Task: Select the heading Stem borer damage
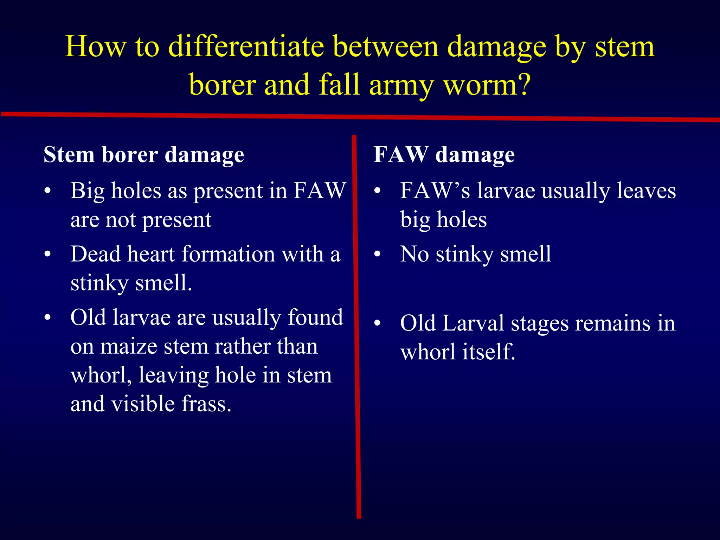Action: [x=144, y=155]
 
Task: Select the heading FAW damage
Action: [x=444, y=155]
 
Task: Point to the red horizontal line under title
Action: [x=360, y=116]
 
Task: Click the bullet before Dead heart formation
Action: [x=48, y=254]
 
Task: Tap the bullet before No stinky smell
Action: [x=377, y=254]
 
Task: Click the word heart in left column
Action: [x=151, y=254]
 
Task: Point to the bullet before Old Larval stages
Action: [x=377, y=323]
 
